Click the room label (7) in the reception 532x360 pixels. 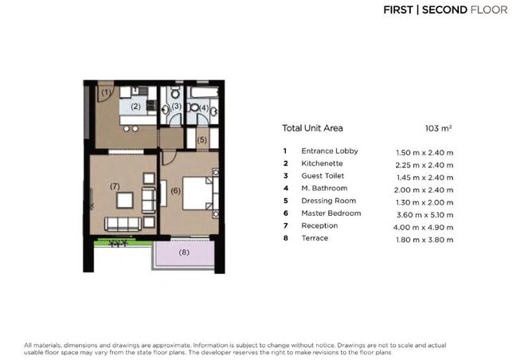(115, 186)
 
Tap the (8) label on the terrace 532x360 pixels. (185, 253)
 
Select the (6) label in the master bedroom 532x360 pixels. (175, 190)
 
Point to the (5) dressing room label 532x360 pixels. (202, 140)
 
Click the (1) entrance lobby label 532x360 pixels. (107, 93)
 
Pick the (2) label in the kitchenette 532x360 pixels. (135, 106)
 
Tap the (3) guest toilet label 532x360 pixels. (176, 106)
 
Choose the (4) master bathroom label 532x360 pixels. (203, 108)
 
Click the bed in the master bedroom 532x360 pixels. (198, 192)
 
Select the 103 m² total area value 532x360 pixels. (439, 127)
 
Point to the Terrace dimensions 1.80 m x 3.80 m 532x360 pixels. (424, 239)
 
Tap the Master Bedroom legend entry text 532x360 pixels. (331, 213)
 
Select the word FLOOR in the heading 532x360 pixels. (493, 10)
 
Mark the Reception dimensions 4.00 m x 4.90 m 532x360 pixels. (424, 226)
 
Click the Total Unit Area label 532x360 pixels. (314, 127)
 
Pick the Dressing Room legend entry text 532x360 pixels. (328, 202)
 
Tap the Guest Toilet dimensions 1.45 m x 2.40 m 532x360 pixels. (424, 177)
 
